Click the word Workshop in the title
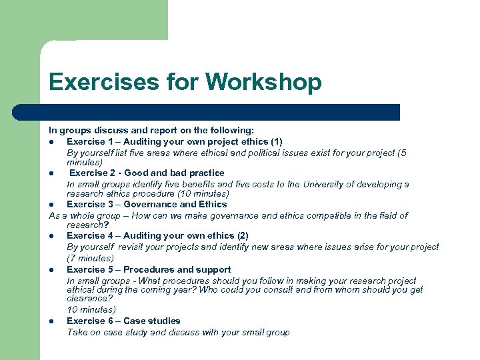tap(263, 82)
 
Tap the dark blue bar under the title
tap(220, 112)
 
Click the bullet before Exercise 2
tap(51, 173)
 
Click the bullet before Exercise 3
tap(51, 205)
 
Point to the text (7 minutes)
tap(91, 258)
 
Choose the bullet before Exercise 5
tap(51, 270)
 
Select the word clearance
tap(87, 299)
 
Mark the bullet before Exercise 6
tap(51, 321)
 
